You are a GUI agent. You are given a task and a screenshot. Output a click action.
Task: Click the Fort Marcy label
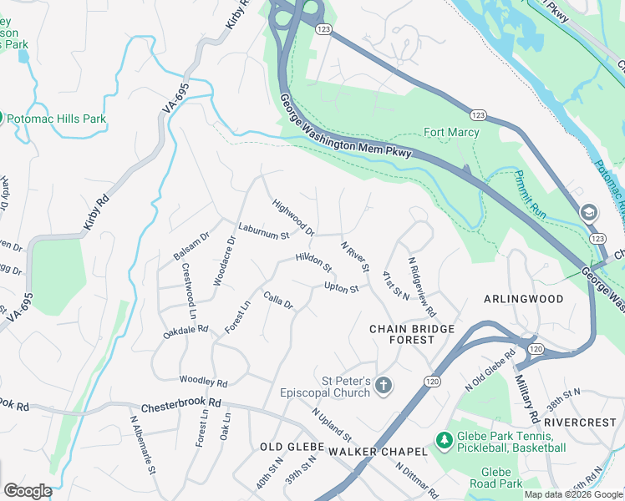tap(451, 132)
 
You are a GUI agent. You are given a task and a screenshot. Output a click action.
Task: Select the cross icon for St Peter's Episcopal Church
tap(384, 386)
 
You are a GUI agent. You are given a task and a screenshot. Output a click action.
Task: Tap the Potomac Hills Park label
tap(57, 119)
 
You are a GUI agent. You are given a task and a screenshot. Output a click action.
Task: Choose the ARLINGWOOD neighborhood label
tap(524, 298)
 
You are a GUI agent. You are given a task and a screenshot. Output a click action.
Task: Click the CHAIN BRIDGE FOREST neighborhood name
tap(413, 334)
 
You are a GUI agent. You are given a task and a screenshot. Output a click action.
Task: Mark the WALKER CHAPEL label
tap(377, 451)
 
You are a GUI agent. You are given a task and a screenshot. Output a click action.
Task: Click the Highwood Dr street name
tap(293, 217)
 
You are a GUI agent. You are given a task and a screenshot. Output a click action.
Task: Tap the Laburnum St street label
tap(262, 230)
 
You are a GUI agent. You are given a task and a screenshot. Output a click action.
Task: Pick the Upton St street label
tap(341, 288)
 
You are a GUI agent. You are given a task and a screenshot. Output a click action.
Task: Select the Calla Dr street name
tap(278, 299)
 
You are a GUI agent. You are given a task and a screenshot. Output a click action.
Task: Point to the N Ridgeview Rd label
tap(422, 286)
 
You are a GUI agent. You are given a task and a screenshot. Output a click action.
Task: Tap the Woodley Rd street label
tap(204, 382)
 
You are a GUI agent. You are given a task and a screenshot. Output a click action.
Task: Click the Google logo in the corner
tap(27, 491)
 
